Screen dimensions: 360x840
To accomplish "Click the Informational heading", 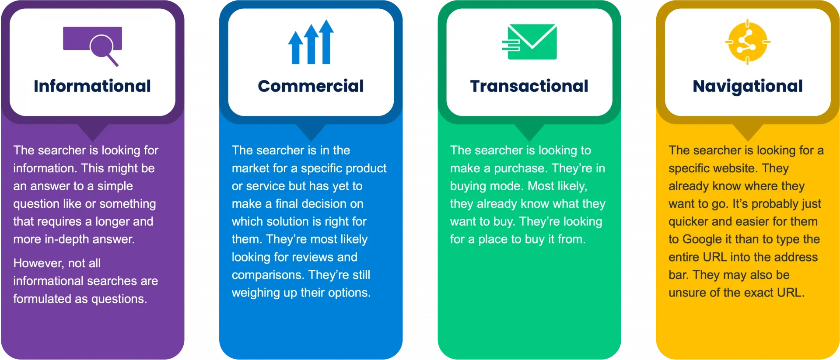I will tap(92, 86).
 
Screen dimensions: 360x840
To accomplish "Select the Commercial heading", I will tap(311, 86).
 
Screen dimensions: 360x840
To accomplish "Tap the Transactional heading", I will tap(529, 86).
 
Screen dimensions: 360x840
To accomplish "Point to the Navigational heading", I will tap(748, 86).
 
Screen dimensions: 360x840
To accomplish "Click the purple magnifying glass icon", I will tap(103, 47).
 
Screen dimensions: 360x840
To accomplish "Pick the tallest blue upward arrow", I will tap(326, 42).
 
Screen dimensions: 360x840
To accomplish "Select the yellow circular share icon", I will tap(748, 42).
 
